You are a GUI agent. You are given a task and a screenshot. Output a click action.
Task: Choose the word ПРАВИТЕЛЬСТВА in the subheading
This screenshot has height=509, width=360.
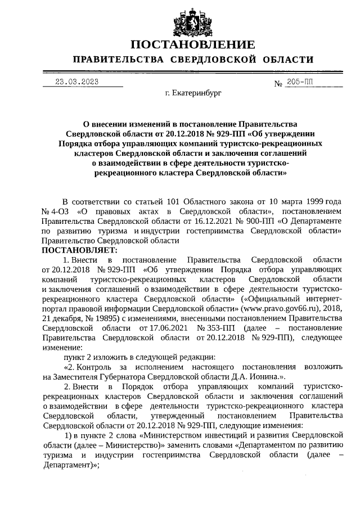(118, 60)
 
